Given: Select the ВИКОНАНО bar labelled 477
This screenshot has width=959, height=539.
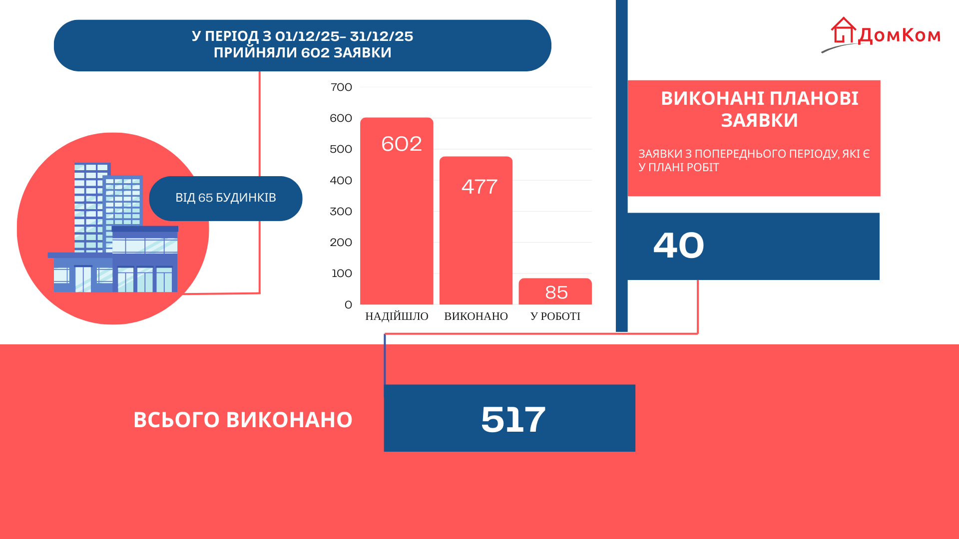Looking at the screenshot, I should pos(476,230).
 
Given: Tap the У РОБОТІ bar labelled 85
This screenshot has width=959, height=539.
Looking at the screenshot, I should pos(555,291).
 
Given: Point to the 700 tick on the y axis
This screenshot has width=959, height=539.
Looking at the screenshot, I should pos(341,87).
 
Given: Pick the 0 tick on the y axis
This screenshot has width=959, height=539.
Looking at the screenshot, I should pos(348,305).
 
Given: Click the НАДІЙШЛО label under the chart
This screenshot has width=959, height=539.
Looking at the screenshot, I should pos(397,316).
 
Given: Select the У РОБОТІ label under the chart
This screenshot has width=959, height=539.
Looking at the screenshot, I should pos(555,316).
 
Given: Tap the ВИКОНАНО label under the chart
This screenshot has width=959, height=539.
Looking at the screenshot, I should pos(476,316).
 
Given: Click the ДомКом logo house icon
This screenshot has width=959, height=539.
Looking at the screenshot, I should pos(843,30).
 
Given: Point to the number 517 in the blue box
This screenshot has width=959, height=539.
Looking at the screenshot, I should pos(513,419).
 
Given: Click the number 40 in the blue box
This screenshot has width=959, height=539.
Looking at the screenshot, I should pos(678,246).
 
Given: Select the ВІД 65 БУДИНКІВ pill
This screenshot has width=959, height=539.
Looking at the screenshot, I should pos(226,198).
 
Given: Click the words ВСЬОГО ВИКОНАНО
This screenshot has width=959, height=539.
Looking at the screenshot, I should pos(243,420).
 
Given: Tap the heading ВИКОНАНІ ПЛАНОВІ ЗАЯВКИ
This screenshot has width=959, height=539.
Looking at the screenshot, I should pos(759,109).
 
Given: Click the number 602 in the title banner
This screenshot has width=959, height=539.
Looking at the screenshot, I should pos(315,52).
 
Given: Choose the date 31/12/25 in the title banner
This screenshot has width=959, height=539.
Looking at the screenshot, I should pos(382,36).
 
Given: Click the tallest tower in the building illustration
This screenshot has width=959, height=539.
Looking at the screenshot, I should pos(90,207).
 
